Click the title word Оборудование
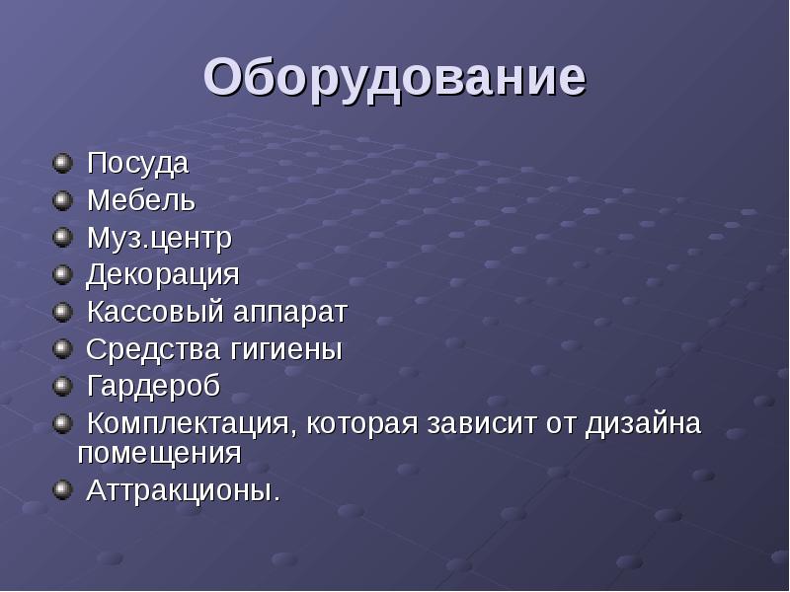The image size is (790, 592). [x=395, y=79]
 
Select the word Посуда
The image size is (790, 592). [x=137, y=164]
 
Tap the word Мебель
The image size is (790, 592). [x=141, y=200]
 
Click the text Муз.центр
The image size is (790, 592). [x=159, y=238]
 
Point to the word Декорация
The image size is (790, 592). [x=162, y=275]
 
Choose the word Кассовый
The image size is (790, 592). [x=155, y=312]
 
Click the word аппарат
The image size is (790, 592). [x=290, y=313]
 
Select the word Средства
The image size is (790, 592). [x=153, y=349]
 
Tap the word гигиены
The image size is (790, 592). [x=286, y=349]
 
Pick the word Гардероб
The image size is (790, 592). [x=153, y=387]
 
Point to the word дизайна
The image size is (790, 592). [x=644, y=424]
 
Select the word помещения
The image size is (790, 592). [x=159, y=454]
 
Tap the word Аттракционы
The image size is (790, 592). [x=184, y=490]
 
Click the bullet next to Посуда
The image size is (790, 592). [x=62, y=164]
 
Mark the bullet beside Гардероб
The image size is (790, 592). [x=62, y=386]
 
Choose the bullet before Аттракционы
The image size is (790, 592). [x=62, y=489]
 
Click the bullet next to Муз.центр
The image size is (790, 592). [x=62, y=238]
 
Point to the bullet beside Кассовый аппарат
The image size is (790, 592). [x=62, y=312]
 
